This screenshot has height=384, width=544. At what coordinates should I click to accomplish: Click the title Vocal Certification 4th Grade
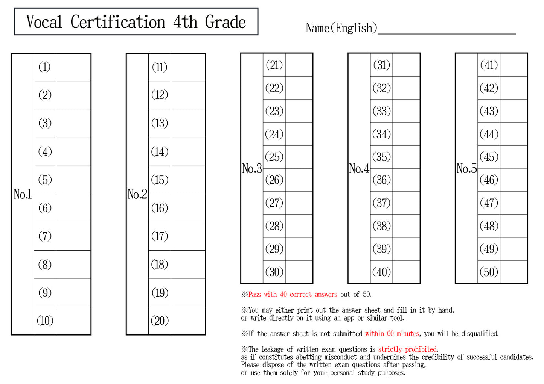(x=136, y=22)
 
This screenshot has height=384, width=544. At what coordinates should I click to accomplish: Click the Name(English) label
(x=341, y=28)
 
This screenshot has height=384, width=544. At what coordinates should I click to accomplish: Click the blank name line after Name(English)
(x=446, y=30)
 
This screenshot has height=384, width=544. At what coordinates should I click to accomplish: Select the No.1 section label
(x=23, y=194)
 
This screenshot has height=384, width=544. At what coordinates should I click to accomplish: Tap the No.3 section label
(x=252, y=168)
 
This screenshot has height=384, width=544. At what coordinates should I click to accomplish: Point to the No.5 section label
(x=466, y=168)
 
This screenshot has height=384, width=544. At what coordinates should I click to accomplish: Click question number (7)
(x=45, y=236)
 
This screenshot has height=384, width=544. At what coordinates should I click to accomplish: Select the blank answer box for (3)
(x=73, y=123)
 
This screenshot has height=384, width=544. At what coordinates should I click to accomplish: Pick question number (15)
(x=160, y=180)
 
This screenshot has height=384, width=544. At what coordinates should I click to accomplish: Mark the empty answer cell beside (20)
(x=188, y=321)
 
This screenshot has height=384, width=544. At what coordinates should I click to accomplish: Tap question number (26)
(x=274, y=180)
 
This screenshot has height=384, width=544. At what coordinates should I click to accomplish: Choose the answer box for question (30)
(x=299, y=272)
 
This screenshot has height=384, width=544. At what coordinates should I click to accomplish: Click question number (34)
(x=381, y=134)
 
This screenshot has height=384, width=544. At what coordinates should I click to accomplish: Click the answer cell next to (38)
(x=406, y=226)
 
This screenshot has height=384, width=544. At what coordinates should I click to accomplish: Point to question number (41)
(x=489, y=65)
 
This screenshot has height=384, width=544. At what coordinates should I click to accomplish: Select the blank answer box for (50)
(x=513, y=272)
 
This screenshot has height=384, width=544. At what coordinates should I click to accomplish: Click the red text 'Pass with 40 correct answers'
(x=293, y=295)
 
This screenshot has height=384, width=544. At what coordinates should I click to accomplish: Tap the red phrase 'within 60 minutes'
(x=392, y=334)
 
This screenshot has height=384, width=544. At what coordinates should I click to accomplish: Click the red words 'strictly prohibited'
(x=407, y=349)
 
